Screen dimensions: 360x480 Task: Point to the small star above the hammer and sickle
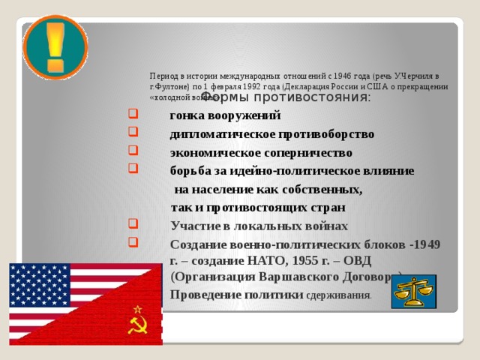pos(137,309)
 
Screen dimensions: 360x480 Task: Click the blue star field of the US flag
pos(37,285)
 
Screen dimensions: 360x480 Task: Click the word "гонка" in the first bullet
pos(185,116)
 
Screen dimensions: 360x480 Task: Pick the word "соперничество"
pos(308,152)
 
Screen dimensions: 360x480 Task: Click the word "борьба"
pos(190,171)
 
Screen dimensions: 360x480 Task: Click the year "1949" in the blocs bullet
pos(426,244)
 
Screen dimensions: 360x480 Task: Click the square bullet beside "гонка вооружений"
pos(132,115)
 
